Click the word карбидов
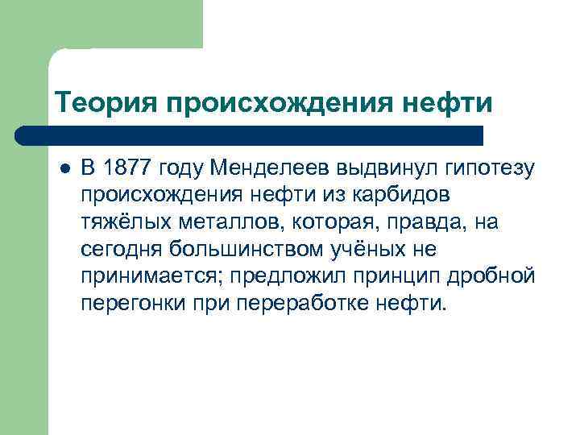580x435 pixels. coord(411,196)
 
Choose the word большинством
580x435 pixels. coord(234,250)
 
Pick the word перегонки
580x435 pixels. coord(127,305)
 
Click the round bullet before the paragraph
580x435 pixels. coord(64,168)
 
